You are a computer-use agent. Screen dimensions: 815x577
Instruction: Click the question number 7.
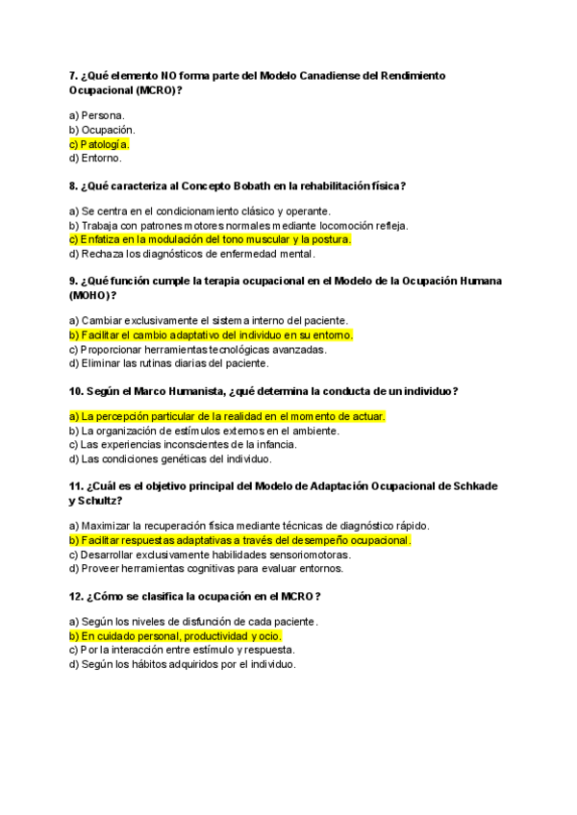pyautogui.click(x=73, y=75)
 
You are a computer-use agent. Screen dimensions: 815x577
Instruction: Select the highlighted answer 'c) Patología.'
pyautogui.click(x=99, y=144)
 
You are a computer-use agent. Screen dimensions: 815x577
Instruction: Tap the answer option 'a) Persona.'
pyautogui.click(x=96, y=115)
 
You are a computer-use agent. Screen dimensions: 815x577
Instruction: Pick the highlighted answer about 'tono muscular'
pyautogui.click(x=211, y=239)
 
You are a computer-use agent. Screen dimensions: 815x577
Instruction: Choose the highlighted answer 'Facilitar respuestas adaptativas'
pyautogui.click(x=240, y=540)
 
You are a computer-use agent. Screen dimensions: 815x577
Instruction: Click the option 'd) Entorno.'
pyautogui.click(x=95, y=158)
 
